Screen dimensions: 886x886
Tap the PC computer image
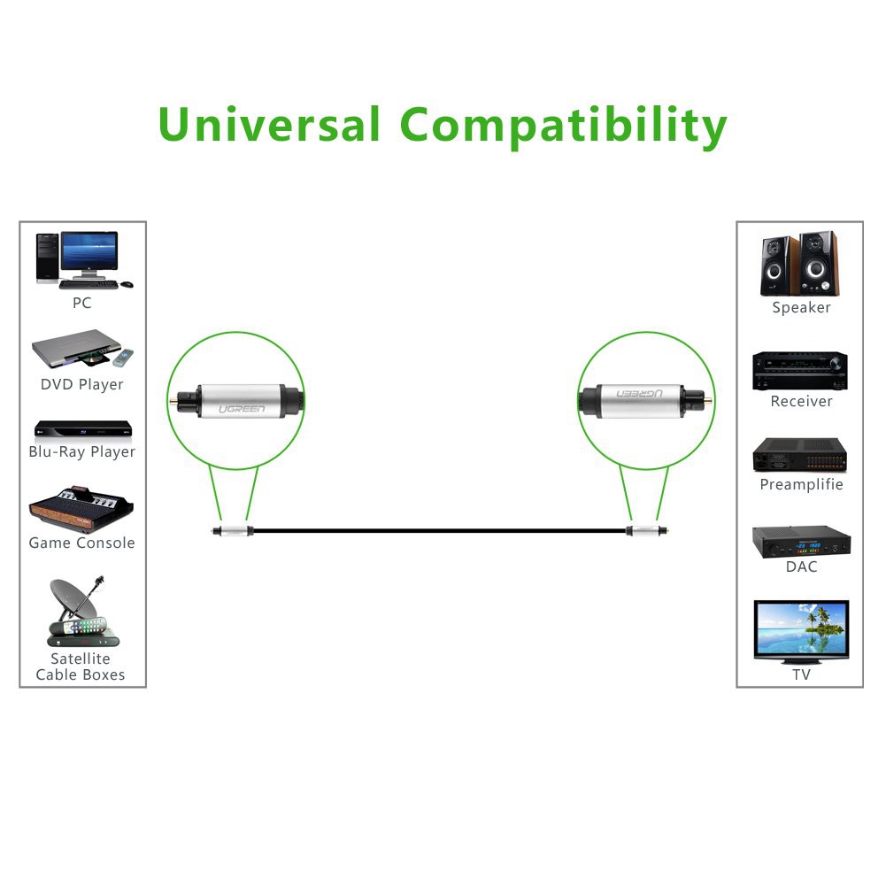point(82,259)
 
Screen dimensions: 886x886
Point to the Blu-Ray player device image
point(82,429)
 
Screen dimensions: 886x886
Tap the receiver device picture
point(800,370)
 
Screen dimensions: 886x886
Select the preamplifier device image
point(800,454)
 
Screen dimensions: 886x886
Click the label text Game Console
point(82,543)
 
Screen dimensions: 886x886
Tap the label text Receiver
point(801,401)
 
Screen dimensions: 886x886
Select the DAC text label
point(801,566)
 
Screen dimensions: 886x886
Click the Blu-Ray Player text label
point(82,452)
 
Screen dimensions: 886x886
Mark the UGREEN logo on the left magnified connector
point(241,409)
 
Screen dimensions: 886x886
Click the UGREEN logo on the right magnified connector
point(643,390)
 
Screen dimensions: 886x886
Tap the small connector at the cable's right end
point(644,530)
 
